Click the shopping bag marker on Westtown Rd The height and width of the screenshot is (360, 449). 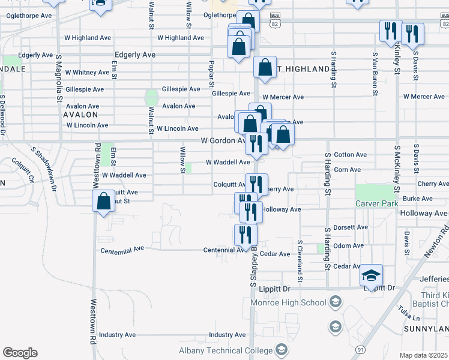click(103, 202)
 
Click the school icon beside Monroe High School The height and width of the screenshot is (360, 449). click(336, 301)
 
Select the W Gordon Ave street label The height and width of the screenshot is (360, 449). click(222, 140)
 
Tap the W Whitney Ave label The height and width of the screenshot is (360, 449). click(87, 72)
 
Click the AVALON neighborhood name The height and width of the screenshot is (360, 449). click(80, 114)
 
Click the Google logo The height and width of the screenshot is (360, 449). click(20, 353)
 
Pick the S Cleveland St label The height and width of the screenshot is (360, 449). click(300, 262)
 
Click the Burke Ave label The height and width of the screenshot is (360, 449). click(418, 199)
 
